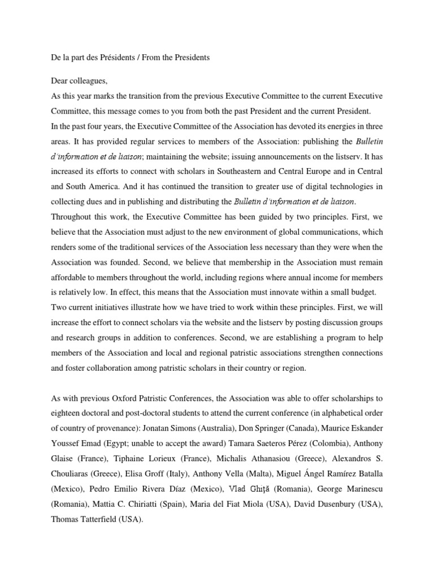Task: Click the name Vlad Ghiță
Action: (249, 489)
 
